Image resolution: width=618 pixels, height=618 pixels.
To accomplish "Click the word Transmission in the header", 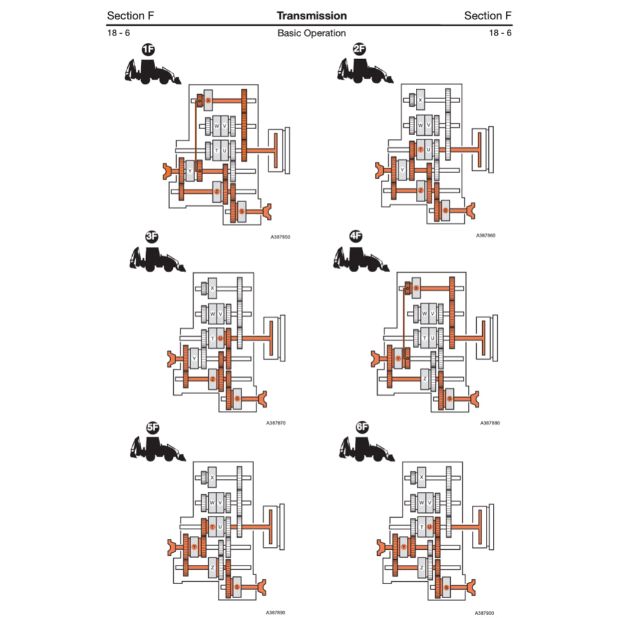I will coord(311,16).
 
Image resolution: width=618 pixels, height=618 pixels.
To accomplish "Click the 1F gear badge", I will coord(148,50).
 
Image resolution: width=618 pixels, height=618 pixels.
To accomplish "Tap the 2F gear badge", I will coord(360,49).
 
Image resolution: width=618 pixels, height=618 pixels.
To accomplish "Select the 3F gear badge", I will coord(151,238).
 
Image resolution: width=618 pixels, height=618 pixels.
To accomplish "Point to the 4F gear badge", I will coord(356,237).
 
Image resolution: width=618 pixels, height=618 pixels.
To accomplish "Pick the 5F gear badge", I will coord(153,428).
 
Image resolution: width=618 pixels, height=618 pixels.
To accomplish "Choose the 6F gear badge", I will coord(362,427).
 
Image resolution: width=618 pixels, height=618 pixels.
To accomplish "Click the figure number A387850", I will coord(281,237).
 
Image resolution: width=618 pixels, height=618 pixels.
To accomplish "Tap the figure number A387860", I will coord(486,235).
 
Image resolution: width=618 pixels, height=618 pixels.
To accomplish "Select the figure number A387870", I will coord(276,422).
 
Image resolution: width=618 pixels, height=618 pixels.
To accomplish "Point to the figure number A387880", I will coord(490,422).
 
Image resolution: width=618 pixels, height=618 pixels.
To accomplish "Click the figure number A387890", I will coord(276,612).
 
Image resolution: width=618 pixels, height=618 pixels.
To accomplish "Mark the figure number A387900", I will coord(484,612).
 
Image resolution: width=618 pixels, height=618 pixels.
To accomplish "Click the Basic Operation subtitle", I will coord(311,33).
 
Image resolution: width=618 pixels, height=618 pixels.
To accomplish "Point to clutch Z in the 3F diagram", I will coord(212,379).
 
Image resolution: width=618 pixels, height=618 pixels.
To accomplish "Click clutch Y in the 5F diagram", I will coord(194,546).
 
